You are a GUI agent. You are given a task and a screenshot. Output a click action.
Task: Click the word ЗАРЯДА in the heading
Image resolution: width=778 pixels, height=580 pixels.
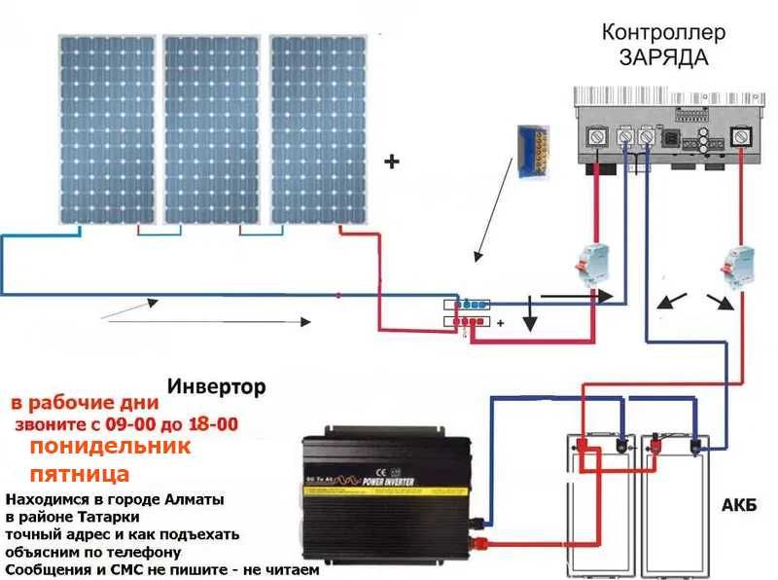point(664,57)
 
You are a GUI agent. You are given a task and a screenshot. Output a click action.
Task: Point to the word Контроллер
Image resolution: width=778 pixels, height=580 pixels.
point(664,32)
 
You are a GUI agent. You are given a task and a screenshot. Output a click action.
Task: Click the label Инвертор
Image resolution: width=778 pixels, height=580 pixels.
point(216,387)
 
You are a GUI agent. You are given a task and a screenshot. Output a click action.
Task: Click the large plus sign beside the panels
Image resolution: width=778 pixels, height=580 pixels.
point(393,163)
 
